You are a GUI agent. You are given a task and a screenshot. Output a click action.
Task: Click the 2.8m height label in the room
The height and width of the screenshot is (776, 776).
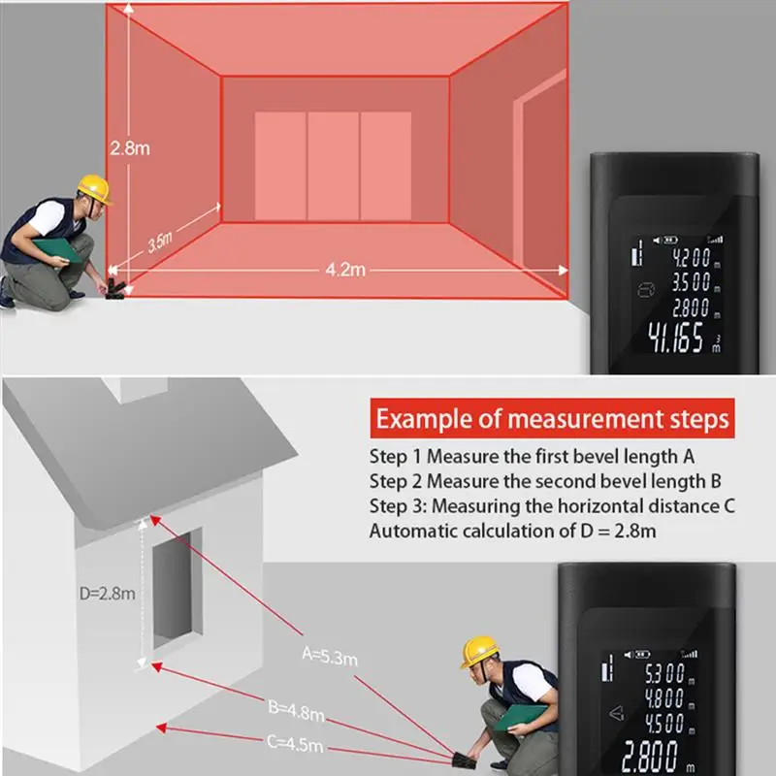tap(130, 149)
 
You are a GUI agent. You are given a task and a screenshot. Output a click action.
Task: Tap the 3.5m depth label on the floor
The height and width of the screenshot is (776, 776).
tap(161, 242)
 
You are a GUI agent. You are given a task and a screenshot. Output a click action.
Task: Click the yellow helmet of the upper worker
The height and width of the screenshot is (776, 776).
tap(94, 188)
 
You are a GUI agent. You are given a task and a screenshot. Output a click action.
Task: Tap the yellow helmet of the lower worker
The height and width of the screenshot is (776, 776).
tap(479, 651)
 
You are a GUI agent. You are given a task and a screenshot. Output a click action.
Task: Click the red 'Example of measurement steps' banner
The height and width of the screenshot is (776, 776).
tap(552, 419)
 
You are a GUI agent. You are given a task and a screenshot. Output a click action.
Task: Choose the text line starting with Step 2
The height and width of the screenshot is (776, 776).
tap(544, 480)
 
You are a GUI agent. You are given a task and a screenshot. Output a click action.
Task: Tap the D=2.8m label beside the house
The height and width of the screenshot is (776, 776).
tap(107, 594)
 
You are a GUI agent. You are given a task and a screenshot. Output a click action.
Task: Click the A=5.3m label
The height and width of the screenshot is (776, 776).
tap(330, 657)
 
